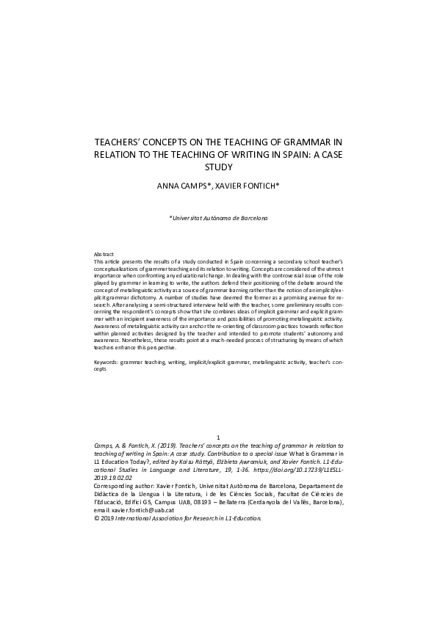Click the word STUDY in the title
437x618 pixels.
(218, 167)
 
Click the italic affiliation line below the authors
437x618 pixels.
(219, 218)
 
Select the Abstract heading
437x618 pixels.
(104, 253)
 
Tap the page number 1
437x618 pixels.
(218, 437)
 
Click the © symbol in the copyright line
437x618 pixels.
(97, 517)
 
